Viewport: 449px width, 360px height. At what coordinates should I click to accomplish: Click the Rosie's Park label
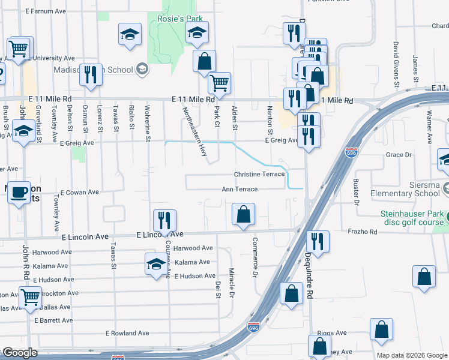[x=179, y=19]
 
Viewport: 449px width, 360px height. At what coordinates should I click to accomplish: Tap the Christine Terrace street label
[x=259, y=174]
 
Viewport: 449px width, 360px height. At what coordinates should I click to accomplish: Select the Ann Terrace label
[x=240, y=189]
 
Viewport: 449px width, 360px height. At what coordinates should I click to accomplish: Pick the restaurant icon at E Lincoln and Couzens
[x=163, y=220]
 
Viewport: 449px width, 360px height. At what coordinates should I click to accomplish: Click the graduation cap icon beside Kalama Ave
[x=155, y=263]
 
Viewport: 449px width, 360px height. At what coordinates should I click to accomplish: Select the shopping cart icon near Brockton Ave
[x=30, y=296]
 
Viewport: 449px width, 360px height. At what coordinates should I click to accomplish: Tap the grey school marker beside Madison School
[x=142, y=70]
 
